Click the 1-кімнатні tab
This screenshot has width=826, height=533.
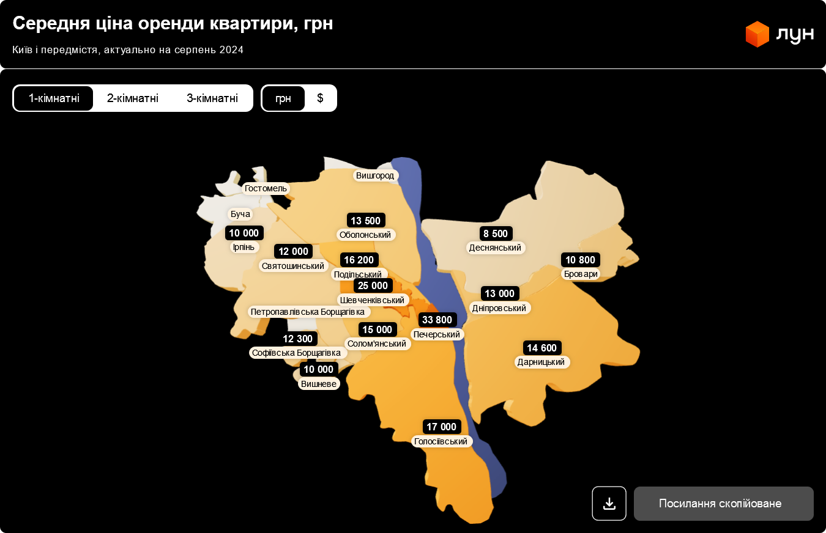point(54,98)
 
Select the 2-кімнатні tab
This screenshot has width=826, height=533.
point(133,98)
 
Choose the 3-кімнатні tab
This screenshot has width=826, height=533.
point(212,98)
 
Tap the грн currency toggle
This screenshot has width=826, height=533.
point(283,98)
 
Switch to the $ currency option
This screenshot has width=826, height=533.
point(320,98)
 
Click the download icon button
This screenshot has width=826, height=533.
point(609,504)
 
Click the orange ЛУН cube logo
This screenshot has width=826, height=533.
point(757,34)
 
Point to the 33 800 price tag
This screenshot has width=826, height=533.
point(437,320)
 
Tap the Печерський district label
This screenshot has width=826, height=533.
point(436,334)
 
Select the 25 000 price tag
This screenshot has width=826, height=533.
point(373,285)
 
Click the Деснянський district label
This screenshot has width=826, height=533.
point(495,248)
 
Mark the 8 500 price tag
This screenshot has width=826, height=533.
point(496,233)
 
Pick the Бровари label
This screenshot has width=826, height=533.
point(581,274)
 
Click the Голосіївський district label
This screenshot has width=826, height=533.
point(441,441)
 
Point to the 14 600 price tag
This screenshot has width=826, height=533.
point(542,348)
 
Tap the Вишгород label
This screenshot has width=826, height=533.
point(375,175)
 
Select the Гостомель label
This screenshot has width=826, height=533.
point(266,188)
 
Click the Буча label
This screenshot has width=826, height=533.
point(240,214)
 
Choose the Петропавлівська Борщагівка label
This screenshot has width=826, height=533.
point(308,312)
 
